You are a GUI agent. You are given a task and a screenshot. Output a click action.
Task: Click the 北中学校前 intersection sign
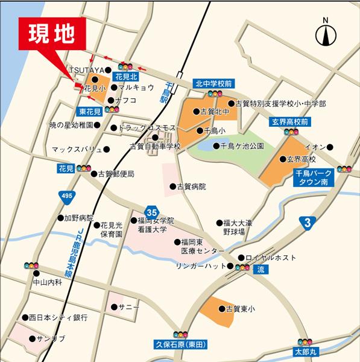click(x=214, y=83)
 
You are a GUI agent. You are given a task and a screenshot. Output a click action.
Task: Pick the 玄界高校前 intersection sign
click(x=289, y=122)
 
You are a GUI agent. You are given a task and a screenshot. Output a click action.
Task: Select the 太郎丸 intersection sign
click(x=305, y=349)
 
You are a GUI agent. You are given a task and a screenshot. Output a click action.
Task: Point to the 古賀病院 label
click(x=191, y=186)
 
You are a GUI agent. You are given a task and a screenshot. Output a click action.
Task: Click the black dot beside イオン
click(x=330, y=147)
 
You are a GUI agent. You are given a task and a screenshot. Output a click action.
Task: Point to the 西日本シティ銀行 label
click(x=58, y=317)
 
